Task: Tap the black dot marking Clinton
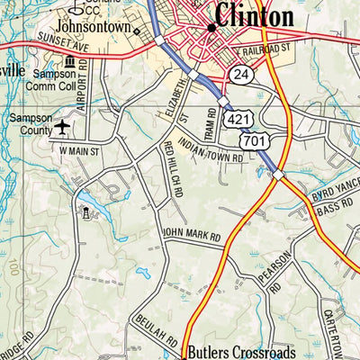point(211,28)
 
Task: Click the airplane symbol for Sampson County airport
point(61,126)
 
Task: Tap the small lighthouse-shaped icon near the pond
point(87,213)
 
